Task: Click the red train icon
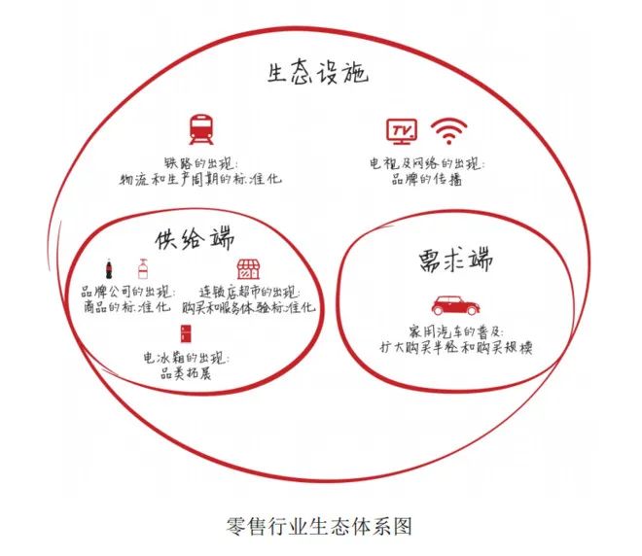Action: pos(201,129)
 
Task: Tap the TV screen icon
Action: pos(402,131)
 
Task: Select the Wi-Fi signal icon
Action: pos(448,131)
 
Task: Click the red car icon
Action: pos(455,305)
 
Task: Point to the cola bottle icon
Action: pos(109,269)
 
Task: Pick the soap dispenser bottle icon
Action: pos(143,269)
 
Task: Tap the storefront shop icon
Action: pos(248,269)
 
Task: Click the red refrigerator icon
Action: pos(186,333)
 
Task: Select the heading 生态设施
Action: pos(318,74)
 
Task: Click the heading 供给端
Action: pos(195,239)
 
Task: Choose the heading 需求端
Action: pos(455,260)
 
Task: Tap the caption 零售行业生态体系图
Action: pos(319,526)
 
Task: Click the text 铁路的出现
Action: pos(198,163)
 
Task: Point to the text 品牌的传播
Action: pos(426,179)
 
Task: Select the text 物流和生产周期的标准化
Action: pos(200,179)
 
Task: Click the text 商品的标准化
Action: pos(126,307)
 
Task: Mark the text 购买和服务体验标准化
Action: pos(249,308)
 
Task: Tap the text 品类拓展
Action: pos(186,373)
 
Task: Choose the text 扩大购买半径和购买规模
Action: pos(455,348)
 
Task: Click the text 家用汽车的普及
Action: pos(454,331)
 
